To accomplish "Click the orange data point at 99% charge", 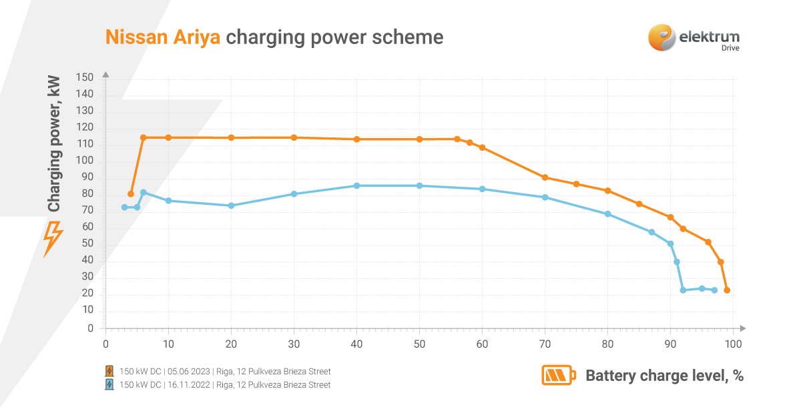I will pyautogui.click(x=727, y=290).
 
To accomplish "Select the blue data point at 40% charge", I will pyautogui.click(x=356, y=185).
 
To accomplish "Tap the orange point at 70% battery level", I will pyautogui.click(x=545, y=177).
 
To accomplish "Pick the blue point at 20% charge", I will pyautogui.click(x=231, y=205).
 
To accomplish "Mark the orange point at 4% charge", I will pyautogui.click(x=131, y=194).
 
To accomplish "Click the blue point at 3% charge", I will pyautogui.click(x=124, y=207).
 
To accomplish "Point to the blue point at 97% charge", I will pyautogui.click(x=714, y=290).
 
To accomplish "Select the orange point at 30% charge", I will pyautogui.click(x=294, y=137).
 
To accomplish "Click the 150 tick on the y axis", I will pyautogui.click(x=85, y=78).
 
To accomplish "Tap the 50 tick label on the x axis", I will pyautogui.click(x=419, y=344).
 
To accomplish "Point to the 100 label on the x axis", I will pyautogui.click(x=733, y=344).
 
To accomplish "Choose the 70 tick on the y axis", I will pyautogui.click(x=87, y=212).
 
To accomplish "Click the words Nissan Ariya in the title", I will pyautogui.click(x=163, y=37).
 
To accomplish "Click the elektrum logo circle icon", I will pyautogui.click(x=661, y=37).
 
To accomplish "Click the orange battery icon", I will pyautogui.click(x=557, y=376).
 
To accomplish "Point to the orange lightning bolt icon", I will pyautogui.click(x=53, y=239).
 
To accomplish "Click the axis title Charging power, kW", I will pyautogui.click(x=54, y=143).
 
